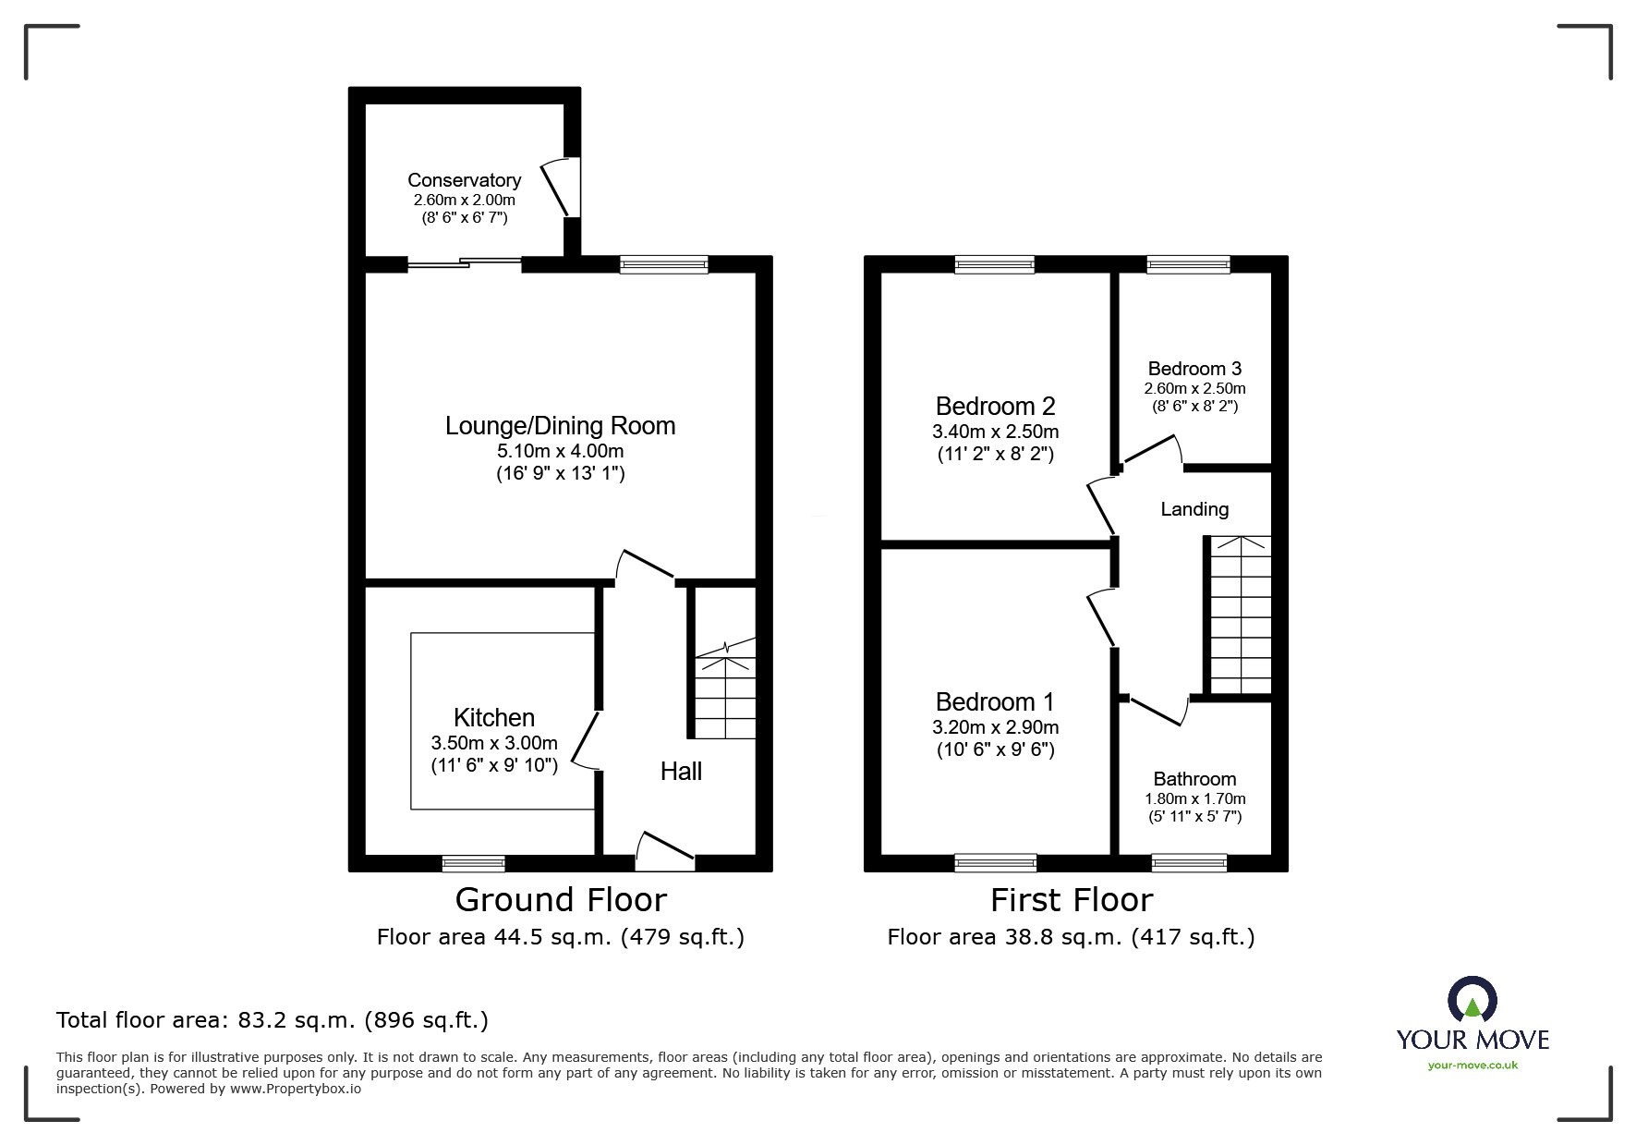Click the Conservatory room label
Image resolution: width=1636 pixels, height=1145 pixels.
[464, 180]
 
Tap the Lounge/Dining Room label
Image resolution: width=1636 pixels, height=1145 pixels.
[560, 426]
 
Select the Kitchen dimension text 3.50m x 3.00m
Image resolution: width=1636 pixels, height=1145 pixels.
[494, 743]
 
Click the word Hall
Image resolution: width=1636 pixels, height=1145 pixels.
[681, 772]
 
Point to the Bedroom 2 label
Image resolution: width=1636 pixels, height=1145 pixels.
[995, 407]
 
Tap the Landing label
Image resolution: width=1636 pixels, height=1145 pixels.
[1194, 509]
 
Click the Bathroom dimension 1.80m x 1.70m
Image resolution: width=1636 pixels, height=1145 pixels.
[1194, 799]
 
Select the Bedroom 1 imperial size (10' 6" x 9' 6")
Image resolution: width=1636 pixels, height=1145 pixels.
[995, 749]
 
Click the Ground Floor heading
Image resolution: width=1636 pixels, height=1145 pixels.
[561, 900]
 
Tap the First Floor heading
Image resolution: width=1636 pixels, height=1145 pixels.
[1072, 900]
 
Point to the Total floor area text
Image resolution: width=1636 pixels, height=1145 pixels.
[273, 1020]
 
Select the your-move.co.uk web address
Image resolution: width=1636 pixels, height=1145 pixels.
[1472, 1066]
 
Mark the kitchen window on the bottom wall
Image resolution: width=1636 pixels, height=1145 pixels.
[473, 864]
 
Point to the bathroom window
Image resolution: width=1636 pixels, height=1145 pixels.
[1189, 864]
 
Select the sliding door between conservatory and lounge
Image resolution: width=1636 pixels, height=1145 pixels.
[465, 263]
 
